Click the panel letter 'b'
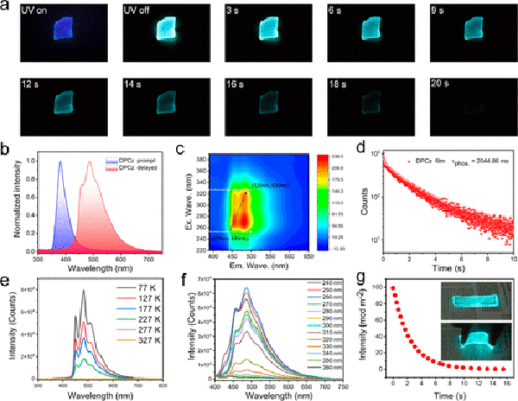tap(7, 150)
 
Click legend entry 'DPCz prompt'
tap(110, 161)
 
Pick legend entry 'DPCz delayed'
tap(110, 168)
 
